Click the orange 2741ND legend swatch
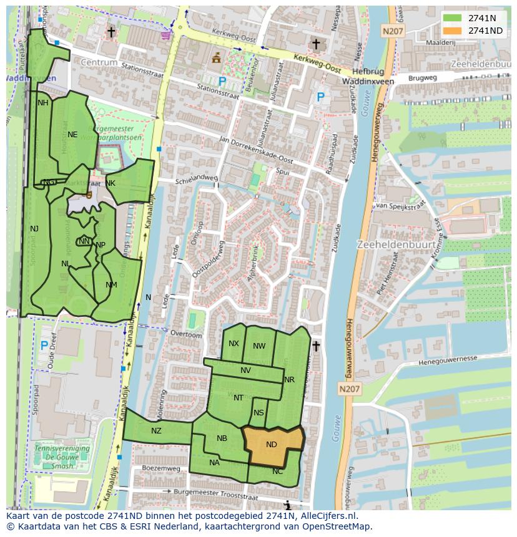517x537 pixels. [454, 31]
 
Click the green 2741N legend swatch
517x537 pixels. [454, 18]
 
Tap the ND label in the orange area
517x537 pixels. [271, 445]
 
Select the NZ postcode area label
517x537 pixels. [156, 430]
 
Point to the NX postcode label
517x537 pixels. [234, 344]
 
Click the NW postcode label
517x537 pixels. [259, 346]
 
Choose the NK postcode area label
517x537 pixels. [111, 183]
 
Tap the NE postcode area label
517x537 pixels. [72, 134]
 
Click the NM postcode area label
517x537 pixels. [111, 285]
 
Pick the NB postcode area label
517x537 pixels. [222, 438]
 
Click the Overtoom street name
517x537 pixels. [186, 335]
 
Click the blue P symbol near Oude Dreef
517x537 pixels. [44, 345]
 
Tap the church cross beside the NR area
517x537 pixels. [316, 346]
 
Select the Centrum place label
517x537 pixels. [99, 63]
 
